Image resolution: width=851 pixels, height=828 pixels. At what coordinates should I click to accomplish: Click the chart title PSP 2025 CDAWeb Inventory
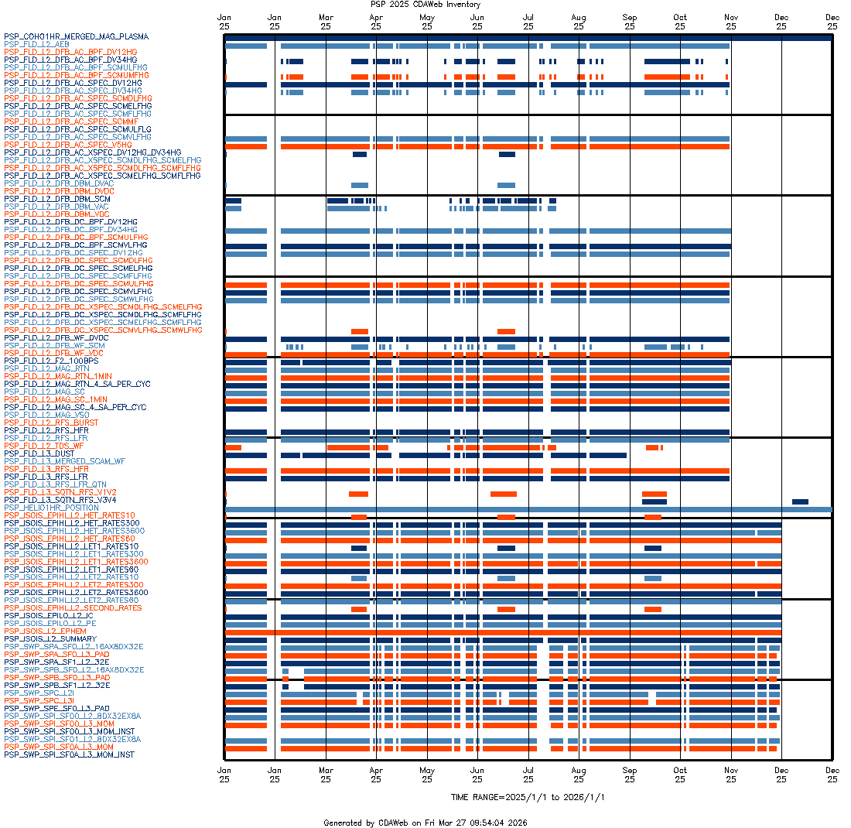(x=425, y=5)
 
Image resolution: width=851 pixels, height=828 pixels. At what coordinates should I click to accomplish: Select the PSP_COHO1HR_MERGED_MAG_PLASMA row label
(x=76, y=36)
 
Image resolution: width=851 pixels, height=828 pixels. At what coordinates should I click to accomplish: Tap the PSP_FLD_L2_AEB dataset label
(x=36, y=44)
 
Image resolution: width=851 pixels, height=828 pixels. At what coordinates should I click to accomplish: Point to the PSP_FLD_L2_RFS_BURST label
(x=51, y=423)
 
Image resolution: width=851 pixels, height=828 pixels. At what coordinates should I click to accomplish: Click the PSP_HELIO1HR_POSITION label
(x=51, y=508)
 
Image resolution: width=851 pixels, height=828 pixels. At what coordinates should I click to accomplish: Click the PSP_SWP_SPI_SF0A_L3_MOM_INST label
(x=70, y=754)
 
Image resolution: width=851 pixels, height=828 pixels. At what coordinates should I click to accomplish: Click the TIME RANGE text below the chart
(x=528, y=797)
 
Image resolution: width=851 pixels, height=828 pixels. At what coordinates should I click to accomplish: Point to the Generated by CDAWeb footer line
(x=425, y=823)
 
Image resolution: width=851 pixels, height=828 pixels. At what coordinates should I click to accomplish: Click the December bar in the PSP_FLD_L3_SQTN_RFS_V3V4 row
(x=800, y=501)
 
